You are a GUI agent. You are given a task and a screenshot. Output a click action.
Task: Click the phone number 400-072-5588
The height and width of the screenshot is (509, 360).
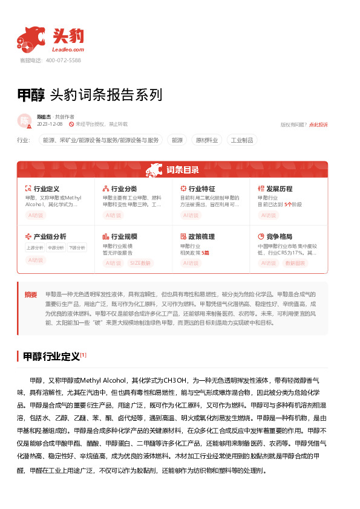click(x=63, y=60)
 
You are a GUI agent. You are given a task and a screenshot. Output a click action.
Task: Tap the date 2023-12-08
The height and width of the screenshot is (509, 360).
click(x=50, y=124)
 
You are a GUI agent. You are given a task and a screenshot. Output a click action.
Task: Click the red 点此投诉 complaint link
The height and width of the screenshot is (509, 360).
click(x=318, y=125)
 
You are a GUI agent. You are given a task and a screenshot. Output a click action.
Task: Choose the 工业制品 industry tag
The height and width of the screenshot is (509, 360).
click(x=241, y=140)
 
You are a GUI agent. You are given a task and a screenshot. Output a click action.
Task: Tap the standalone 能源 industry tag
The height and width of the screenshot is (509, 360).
click(x=177, y=140)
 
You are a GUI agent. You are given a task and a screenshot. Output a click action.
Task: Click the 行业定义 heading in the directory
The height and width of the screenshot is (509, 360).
click(x=46, y=189)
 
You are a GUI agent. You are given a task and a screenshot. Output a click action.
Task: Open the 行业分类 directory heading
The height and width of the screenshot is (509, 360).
click(x=123, y=189)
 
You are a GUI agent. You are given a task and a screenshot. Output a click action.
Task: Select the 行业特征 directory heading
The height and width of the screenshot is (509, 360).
click(x=201, y=189)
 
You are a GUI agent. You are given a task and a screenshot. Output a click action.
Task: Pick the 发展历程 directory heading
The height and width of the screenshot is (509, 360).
click(x=279, y=189)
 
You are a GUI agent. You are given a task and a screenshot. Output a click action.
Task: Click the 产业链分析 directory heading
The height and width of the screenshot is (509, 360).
click(x=50, y=236)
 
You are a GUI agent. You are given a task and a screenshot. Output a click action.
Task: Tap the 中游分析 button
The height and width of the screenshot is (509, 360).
click(x=56, y=247)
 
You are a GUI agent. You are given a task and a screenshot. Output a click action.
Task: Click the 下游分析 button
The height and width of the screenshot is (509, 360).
click(x=76, y=247)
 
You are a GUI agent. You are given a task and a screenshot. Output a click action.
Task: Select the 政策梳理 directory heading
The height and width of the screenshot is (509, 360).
click(x=201, y=236)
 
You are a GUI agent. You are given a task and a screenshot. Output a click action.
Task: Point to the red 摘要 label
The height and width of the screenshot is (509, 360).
click(x=31, y=294)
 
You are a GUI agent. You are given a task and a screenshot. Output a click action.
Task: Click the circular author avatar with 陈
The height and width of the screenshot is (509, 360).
click(x=25, y=120)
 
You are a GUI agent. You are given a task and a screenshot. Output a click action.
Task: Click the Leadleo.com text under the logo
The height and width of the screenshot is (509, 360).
click(x=68, y=49)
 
